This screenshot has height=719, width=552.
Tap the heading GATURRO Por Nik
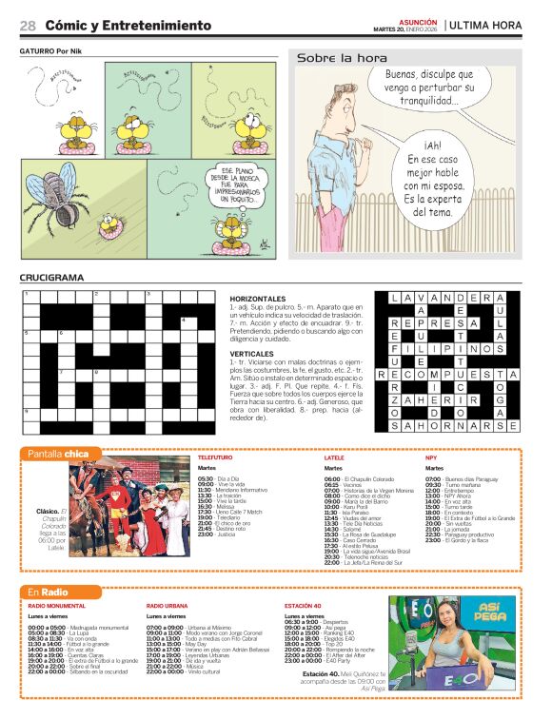53,49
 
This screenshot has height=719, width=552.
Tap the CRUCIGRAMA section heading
51,278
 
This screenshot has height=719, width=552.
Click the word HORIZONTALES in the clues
257,298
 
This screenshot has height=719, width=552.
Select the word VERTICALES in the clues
252,352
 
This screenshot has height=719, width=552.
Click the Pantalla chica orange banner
58,453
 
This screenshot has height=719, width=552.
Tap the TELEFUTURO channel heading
215,457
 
